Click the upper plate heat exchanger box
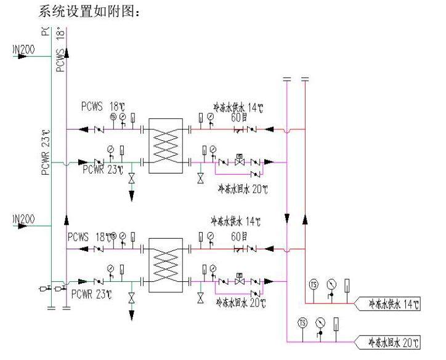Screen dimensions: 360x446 tap(165, 145)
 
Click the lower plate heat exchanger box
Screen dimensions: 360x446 tap(165, 263)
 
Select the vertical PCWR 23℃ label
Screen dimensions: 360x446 tap(45, 153)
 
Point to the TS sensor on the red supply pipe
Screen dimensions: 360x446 tap(313, 284)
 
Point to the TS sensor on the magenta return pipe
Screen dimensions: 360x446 tap(302, 323)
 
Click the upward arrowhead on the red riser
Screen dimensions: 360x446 tap(304, 219)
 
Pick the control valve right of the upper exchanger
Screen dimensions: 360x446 tap(240, 163)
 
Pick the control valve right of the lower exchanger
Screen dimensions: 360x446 tap(240, 281)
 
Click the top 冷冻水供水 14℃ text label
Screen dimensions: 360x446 tap(238, 106)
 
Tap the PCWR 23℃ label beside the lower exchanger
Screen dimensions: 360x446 tap(91, 295)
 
